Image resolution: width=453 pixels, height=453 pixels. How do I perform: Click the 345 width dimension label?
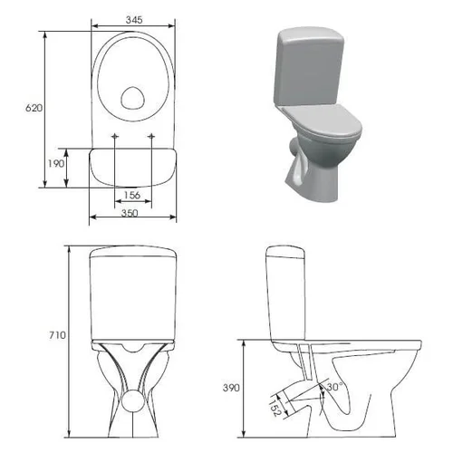tap(134, 20)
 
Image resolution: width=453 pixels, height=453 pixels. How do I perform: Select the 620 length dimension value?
tap(34, 108)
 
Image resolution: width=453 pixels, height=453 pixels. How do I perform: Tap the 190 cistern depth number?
tap(56, 163)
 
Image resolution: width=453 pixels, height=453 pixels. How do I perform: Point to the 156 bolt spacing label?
tap(132, 195)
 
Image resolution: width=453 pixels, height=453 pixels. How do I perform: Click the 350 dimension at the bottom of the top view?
tap(130, 213)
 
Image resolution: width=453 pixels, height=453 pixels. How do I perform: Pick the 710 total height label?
tap(57, 335)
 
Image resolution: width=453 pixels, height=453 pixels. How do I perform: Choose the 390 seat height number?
tap(231, 388)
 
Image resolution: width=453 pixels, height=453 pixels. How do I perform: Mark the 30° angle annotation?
tap(334, 387)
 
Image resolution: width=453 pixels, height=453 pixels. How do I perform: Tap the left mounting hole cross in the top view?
tap(114, 137)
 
